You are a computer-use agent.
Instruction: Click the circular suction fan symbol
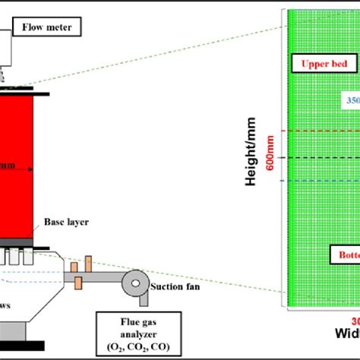click(136, 283)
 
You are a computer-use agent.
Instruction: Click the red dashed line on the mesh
click(319, 131)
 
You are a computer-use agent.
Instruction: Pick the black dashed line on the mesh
click(319, 157)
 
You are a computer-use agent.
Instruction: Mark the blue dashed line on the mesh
click(319, 181)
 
